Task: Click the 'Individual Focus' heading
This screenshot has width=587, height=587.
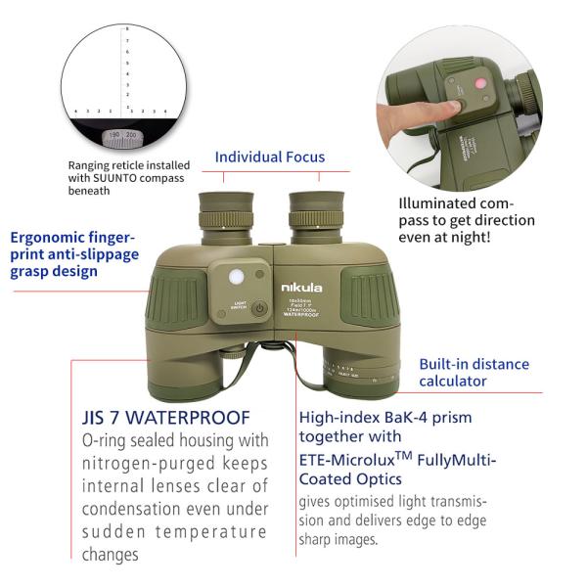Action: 269,157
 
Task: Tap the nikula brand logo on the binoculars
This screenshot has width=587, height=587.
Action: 300,288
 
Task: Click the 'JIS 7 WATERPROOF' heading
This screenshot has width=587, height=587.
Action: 166,418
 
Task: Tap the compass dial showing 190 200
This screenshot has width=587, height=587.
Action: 122,134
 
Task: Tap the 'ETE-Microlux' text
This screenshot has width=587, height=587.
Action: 354,460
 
